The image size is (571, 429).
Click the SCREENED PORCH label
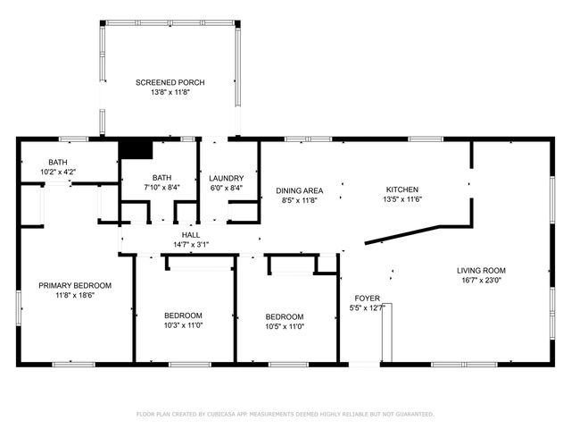click(170, 82)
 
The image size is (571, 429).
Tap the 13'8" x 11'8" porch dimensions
click(170, 92)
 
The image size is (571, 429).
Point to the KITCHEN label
click(401, 189)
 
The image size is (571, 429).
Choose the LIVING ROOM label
click(481, 270)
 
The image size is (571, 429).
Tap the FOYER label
click(367, 298)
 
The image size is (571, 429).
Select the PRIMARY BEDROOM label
click(75, 285)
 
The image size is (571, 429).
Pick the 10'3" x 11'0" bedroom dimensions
click(183, 326)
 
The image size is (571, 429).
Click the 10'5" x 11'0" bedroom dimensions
click(285, 327)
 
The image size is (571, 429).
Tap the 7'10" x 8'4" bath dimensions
click(161, 188)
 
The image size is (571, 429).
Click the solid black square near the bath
click(136, 149)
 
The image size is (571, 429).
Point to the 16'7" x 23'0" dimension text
click(481, 280)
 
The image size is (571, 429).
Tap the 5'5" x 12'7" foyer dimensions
click(367, 308)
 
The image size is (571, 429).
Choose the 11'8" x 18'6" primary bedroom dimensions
click(75, 295)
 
